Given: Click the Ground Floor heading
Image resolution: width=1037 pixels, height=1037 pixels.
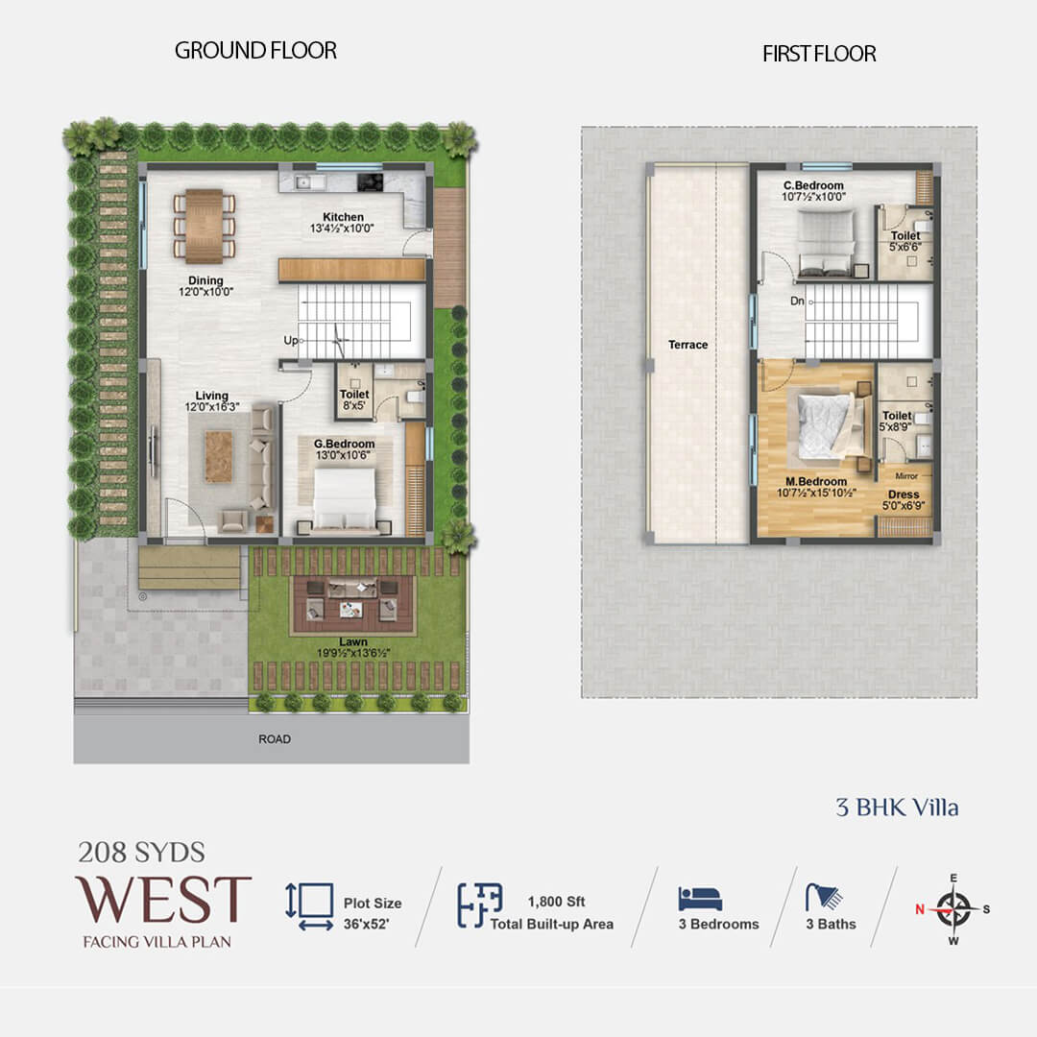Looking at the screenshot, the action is tap(255, 50).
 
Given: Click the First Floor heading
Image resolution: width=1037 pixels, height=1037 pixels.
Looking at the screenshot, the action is tap(819, 54).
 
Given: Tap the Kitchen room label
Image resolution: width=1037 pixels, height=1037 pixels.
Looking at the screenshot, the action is tap(343, 222).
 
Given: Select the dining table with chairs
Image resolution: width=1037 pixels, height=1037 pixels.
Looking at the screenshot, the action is tap(204, 227).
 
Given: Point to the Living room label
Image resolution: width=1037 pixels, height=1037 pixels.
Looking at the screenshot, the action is tap(211, 401).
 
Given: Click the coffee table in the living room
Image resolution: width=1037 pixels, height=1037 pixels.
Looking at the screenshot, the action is tap(218, 456).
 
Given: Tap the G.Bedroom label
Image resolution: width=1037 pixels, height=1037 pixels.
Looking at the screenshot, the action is tap(344, 449).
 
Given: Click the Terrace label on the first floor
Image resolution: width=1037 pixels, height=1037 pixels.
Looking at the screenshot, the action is tap(687, 345).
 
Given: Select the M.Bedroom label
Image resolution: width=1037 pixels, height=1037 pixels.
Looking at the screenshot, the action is tap(816, 488).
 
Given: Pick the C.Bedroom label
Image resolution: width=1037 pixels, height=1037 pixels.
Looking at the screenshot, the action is tap(813, 191).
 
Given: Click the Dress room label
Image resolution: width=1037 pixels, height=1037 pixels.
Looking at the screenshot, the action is tap(904, 500).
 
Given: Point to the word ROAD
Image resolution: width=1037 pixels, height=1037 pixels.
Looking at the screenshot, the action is tap(275, 738).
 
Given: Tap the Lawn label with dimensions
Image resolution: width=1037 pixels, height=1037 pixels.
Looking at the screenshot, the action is tap(353, 647).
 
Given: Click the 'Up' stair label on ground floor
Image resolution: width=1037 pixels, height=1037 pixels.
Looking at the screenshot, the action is tap(290, 340).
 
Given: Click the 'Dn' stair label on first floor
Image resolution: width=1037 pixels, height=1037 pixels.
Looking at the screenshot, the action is tap(797, 301).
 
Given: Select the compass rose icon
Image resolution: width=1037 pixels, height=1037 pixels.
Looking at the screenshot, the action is tap(953, 909).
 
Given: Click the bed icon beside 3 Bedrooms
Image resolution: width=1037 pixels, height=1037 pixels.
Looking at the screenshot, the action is tap(700, 899).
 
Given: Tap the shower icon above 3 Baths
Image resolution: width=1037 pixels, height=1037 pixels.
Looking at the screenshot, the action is tap(824, 897).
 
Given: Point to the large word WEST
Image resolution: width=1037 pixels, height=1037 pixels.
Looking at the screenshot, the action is tap(163, 899).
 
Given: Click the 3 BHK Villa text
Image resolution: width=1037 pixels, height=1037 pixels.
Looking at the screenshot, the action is tap(897, 808).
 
